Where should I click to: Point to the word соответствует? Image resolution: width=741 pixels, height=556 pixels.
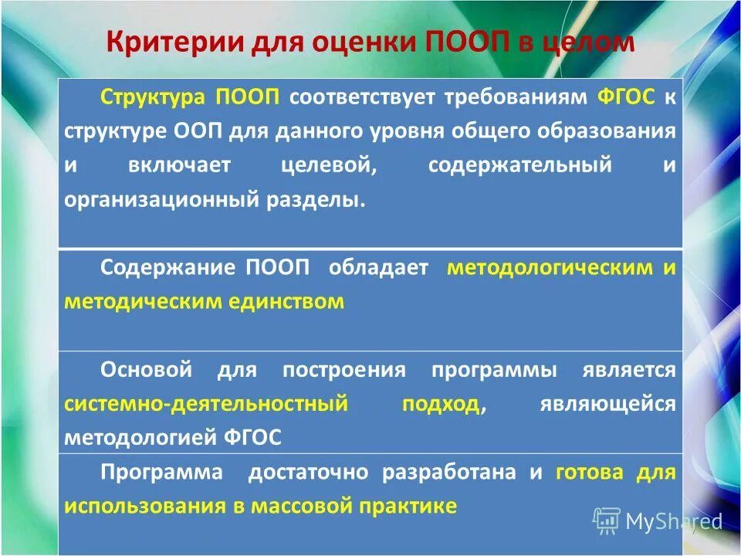coord(362,99)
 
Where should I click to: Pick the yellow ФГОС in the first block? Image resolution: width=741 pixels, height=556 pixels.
coord(626,99)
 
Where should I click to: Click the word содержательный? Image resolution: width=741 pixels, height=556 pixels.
coord(520,165)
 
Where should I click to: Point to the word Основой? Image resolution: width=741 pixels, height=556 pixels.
coord(146,370)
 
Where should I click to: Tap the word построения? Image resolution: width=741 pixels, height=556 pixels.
coord(343,370)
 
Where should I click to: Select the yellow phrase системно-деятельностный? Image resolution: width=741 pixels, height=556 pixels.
coord(206,404)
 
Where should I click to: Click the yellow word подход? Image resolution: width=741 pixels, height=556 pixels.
coord(441,404)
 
